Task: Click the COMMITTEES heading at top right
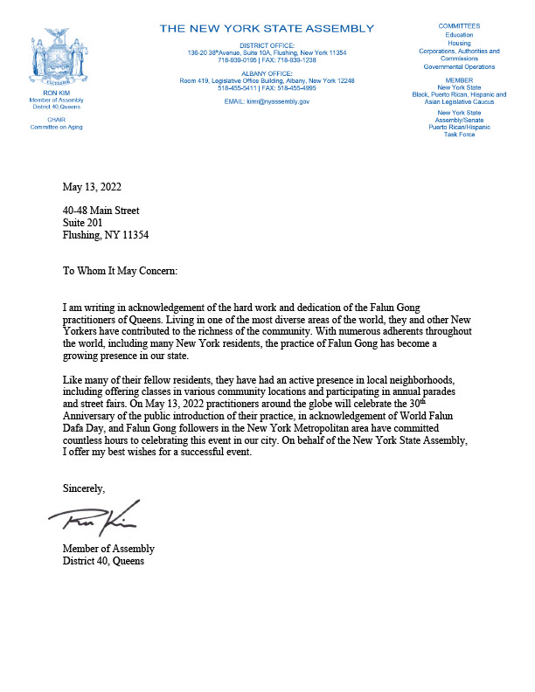pyautogui.click(x=459, y=27)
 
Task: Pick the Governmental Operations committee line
pyautogui.click(x=459, y=66)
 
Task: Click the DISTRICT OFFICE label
pyautogui.click(x=266, y=45)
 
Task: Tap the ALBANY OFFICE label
pyautogui.click(x=266, y=73)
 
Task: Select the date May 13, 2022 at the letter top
pyautogui.click(x=93, y=187)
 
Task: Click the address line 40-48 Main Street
pyautogui.click(x=101, y=210)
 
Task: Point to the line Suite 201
pyautogui.click(x=84, y=222)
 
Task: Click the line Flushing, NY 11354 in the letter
pyautogui.click(x=106, y=235)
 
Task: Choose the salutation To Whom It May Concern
pyautogui.click(x=120, y=272)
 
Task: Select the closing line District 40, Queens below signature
pyautogui.click(x=103, y=561)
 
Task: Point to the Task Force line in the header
pyautogui.click(x=459, y=135)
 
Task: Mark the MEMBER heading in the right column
pyautogui.click(x=459, y=80)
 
